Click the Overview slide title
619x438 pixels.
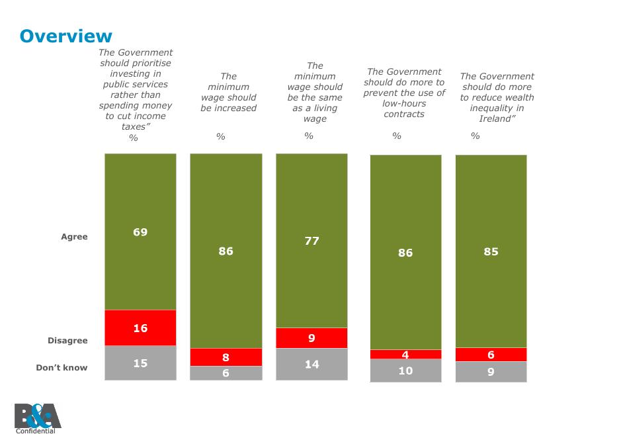click(x=66, y=36)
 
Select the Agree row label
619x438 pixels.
click(x=74, y=237)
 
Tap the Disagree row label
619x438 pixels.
click(x=67, y=341)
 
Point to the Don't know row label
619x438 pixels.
click(x=62, y=368)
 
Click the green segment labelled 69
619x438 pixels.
click(x=140, y=232)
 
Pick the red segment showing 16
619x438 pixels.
click(x=140, y=328)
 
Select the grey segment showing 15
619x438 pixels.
click(x=140, y=363)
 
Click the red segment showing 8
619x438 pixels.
click(x=226, y=357)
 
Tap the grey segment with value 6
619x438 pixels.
click(x=226, y=373)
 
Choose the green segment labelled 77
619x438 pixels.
click(x=311, y=241)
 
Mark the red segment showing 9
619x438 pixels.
click(x=311, y=338)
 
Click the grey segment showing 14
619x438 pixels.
click(x=311, y=364)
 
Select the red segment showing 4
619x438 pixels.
click(x=405, y=355)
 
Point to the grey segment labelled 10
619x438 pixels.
click(x=405, y=371)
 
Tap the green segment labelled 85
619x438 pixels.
click(x=491, y=251)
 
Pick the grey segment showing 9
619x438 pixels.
click(x=491, y=372)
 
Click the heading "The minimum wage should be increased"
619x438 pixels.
click(x=228, y=93)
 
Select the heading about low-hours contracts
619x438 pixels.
click(x=404, y=93)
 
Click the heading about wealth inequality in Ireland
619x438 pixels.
click(x=497, y=97)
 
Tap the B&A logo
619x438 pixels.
click(x=37, y=417)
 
